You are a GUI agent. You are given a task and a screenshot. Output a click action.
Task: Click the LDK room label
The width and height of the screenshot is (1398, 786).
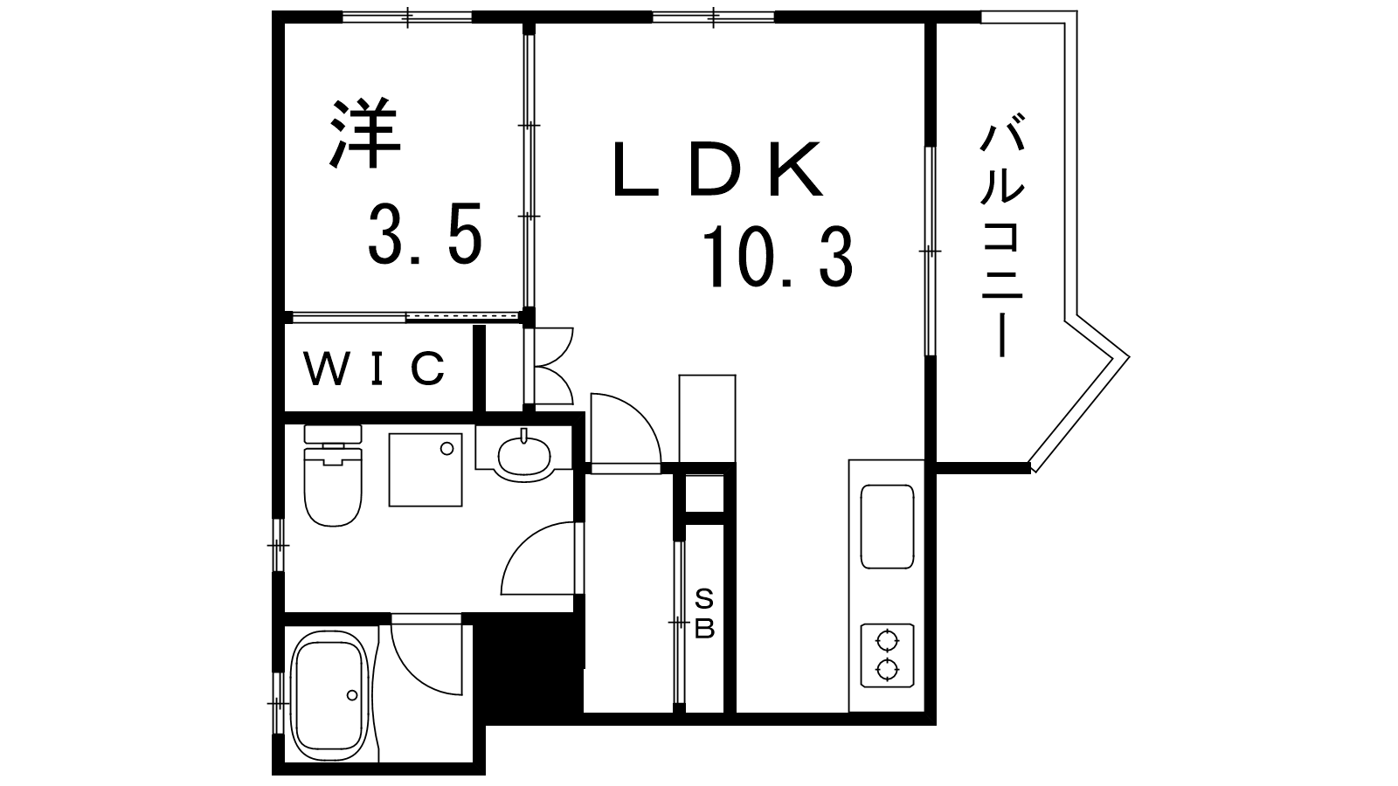717,169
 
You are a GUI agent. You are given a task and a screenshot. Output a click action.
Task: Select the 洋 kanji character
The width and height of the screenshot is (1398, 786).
365,133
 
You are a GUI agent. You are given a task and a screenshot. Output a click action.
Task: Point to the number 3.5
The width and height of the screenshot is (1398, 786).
426,233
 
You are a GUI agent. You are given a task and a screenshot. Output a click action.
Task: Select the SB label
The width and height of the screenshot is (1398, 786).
704,616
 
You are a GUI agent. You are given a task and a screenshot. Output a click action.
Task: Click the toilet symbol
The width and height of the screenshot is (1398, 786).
333,475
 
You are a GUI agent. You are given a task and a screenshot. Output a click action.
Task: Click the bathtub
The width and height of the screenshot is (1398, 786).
331,696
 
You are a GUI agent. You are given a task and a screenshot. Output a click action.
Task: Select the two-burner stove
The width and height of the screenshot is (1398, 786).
887,656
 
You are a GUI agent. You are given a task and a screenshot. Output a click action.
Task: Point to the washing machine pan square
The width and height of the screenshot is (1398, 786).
426,470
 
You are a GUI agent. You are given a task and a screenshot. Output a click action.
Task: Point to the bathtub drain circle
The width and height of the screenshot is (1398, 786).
352,695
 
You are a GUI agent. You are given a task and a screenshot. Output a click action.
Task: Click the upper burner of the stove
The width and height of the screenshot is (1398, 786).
887,641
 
